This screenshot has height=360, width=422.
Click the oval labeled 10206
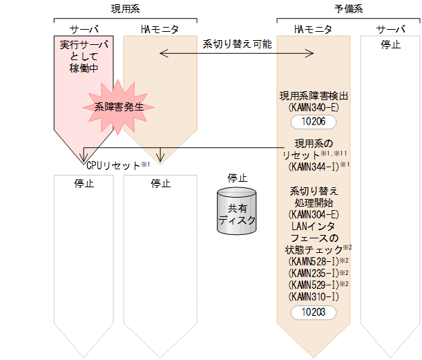point(314,122)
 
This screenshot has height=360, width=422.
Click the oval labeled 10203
point(314,312)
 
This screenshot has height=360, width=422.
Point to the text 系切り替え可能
point(237,44)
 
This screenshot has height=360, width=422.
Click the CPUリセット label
point(113,166)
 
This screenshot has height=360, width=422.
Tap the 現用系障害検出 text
point(314,95)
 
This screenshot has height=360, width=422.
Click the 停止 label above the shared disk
point(237,178)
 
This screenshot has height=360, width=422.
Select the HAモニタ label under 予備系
point(313,30)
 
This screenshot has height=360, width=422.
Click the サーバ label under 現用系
point(84,30)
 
